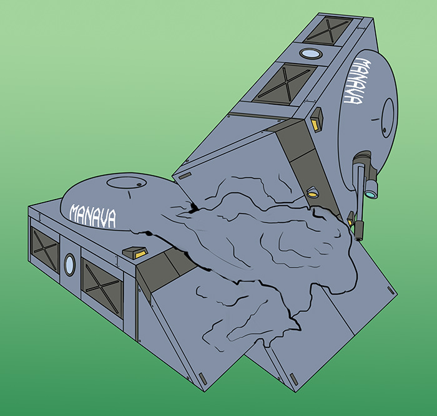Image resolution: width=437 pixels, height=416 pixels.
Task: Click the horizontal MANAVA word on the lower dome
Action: coord(92,216)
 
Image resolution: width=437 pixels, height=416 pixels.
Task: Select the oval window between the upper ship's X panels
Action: coord(312,54)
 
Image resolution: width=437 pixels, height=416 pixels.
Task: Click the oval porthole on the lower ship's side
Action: coord(70,265)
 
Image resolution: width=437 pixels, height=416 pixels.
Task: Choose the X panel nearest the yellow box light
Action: coord(285,84)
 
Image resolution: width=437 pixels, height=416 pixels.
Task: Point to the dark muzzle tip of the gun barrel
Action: coord(359,230)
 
